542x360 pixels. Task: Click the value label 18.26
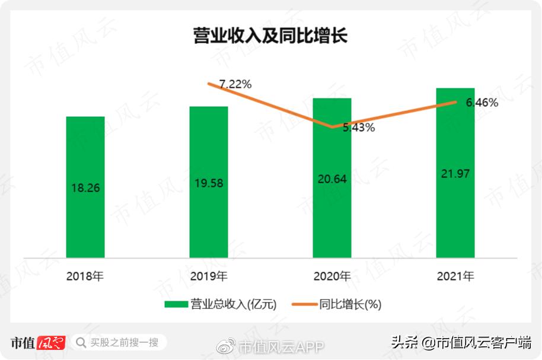click(x=85, y=188)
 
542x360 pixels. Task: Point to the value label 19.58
click(x=209, y=183)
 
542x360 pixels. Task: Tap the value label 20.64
click(x=332, y=179)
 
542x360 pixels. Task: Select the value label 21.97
click(x=455, y=173)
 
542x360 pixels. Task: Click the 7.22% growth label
click(x=235, y=84)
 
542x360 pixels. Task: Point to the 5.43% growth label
click(x=359, y=128)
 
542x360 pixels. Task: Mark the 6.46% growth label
click(x=482, y=103)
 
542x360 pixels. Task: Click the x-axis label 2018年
click(x=85, y=276)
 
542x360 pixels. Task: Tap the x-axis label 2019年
click(x=209, y=276)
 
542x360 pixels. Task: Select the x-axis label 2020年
click(x=332, y=276)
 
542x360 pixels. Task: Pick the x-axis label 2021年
click(x=455, y=276)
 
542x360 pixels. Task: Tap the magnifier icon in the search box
click(x=81, y=342)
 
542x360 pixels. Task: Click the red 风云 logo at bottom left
click(x=50, y=342)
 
